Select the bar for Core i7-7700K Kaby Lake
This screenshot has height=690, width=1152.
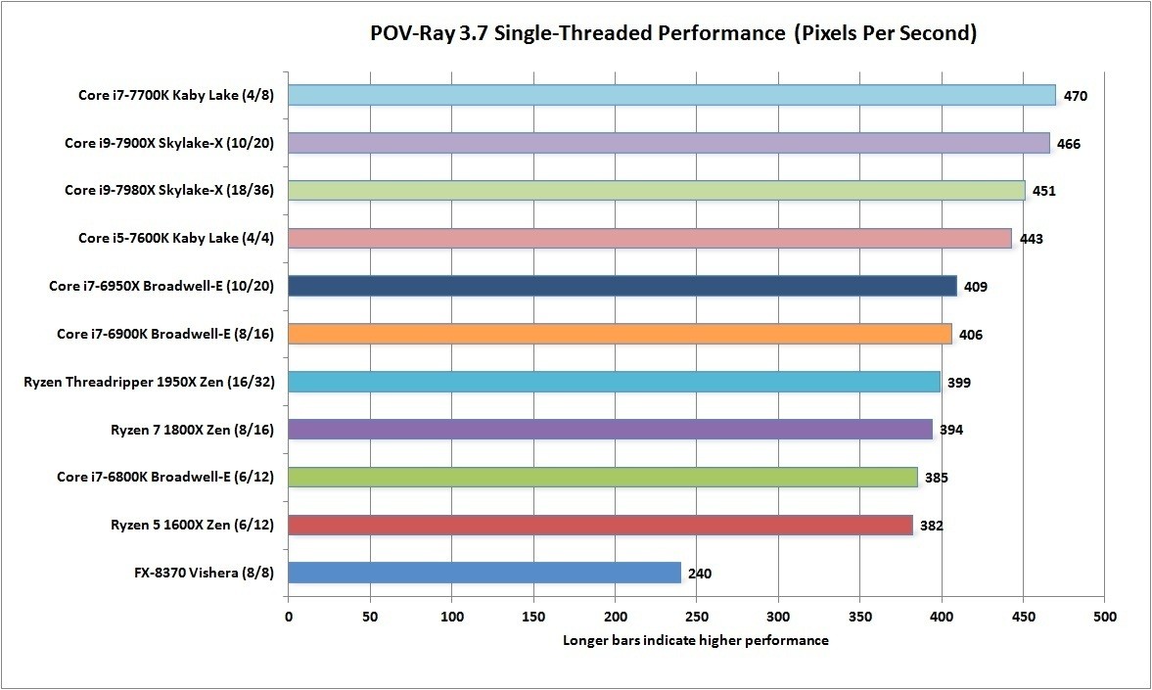tap(671, 95)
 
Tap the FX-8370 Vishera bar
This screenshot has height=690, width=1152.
tap(484, 573)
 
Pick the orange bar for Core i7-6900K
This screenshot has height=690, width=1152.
tap(620, 334)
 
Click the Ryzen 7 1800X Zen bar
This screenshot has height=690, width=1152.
tap(610, 429)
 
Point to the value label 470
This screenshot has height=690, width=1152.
tap(1076, 96)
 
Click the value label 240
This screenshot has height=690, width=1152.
tap(700, 574)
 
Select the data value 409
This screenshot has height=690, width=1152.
tap(975, 287)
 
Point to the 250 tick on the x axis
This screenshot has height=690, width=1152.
tap(696, 619)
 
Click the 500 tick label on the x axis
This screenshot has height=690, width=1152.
tap(1104, 619)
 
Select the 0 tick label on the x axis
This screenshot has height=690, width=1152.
tap(289, 619)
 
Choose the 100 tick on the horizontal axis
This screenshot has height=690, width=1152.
tap(451, 619)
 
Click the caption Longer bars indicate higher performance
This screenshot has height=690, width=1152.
tap(696, 641)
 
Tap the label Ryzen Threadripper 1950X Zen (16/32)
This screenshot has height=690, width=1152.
tap(149, 382)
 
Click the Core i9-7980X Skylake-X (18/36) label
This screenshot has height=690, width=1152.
tap(168, 190)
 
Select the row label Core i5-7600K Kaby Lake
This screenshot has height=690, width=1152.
tap(175, 238)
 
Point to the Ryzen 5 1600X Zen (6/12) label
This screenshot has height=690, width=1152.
tap(191, 526)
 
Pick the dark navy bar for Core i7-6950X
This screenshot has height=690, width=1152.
tap(622, 286)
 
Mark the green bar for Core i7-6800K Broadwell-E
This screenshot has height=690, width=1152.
tap(603, 477)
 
